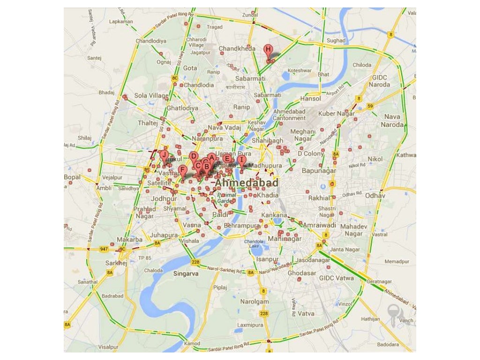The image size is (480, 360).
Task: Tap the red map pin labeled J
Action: pos(164,155)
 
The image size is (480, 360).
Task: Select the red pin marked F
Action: pos(183,171)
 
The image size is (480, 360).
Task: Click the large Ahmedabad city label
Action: pos(247,183)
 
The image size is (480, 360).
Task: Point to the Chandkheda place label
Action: pos(237,48)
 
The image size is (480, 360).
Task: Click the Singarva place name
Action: pos(186,273)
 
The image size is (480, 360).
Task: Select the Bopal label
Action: pos(73,177)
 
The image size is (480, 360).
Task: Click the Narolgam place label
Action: pos(255,301)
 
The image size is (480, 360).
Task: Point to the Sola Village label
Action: pos(151,96)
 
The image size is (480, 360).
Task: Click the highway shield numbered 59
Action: pos(370,106)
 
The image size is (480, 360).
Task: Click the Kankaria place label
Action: pos(274,215)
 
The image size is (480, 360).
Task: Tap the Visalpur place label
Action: pos(109,347)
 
